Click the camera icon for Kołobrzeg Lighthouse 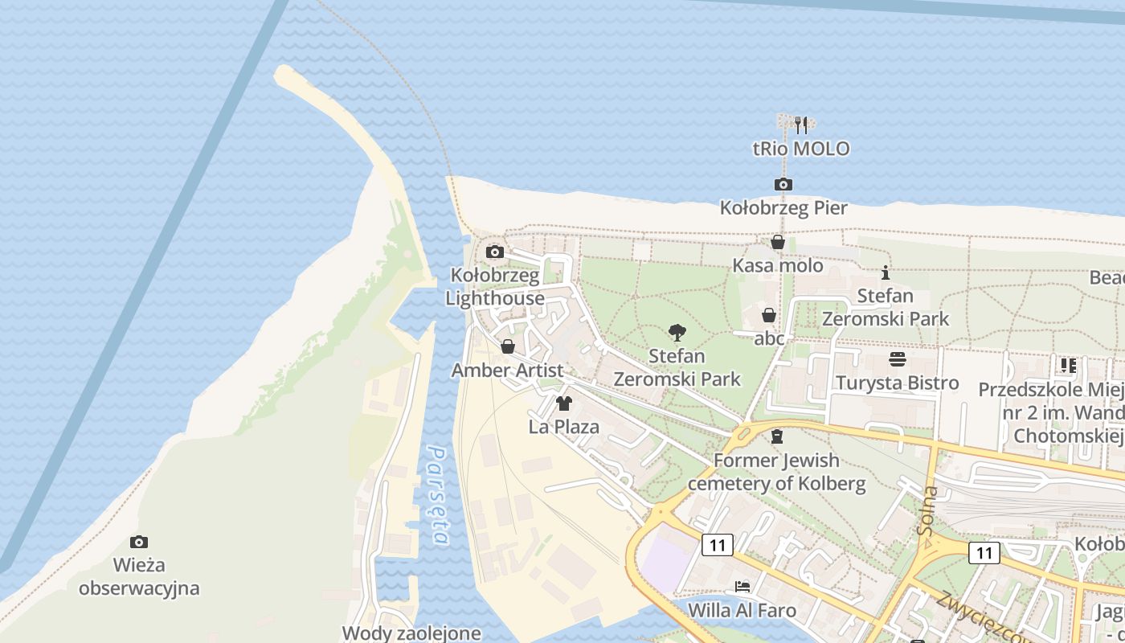pos(495,252)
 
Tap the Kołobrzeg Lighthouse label pos(495,287)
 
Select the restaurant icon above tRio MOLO pos(800,125)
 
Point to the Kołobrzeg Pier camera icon pos(783,185)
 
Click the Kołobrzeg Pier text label pos(783,208)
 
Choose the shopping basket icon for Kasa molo pos(778,242)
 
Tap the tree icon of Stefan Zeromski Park pos(677,332)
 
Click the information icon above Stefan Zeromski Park pos(886,273)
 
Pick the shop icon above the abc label pos(769,315)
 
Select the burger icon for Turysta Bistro pos(898,359)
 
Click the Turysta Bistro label pos(898,383)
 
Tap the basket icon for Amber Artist pos(508,346)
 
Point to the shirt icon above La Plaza pos(564,403)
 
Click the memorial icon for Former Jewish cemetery pos(776,437)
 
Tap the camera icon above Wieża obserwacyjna pos(139,543)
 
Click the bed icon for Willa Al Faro pos(742,587)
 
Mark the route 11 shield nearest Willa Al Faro pos(718,546)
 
